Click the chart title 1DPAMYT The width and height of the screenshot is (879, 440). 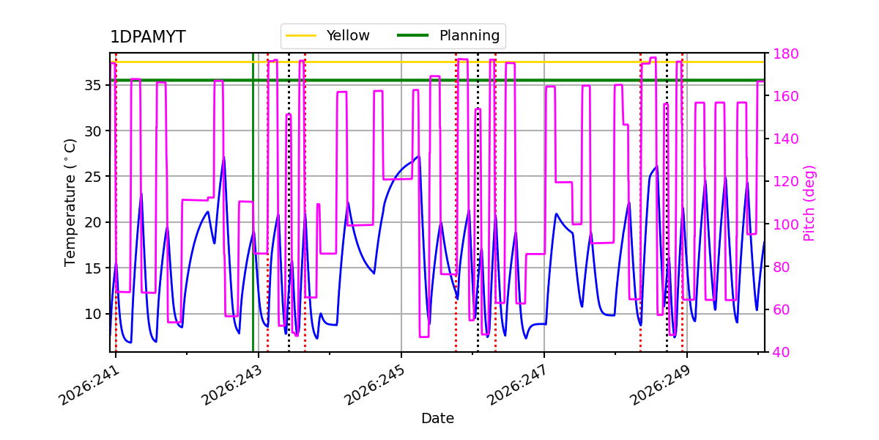click(x=147, y=37)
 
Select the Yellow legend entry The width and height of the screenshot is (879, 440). click(x=327, y=36)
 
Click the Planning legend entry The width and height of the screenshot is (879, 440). click(x=448, y=36)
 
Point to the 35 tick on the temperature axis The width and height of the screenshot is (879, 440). click(x=92, y=85)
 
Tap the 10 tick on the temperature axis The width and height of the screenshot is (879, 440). click(x=92, y=314)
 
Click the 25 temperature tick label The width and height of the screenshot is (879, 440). click(x=92, y=177)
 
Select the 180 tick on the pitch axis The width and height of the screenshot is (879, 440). click(x=785, y=54)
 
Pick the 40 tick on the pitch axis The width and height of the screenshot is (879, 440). click(x=782, y=352)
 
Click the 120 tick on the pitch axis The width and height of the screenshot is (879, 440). click(x=785, y=182)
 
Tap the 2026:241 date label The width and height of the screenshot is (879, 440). click(x=89, y=386)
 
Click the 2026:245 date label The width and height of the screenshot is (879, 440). click(x=374, y=386)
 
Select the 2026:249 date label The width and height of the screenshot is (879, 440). click(x=660, y=386)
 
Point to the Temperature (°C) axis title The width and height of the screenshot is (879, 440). click(x=70, y=202)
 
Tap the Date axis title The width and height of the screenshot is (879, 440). click(x=437, y=419)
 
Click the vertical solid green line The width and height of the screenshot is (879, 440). click(x=253, y=202)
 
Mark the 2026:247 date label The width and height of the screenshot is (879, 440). click(x=517, y=386)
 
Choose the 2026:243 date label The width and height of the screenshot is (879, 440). click(x=231, y=386)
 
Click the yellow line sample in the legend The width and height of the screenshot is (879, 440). click(x=301, y=36)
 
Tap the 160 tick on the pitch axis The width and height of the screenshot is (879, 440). click(x=785, y=96)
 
